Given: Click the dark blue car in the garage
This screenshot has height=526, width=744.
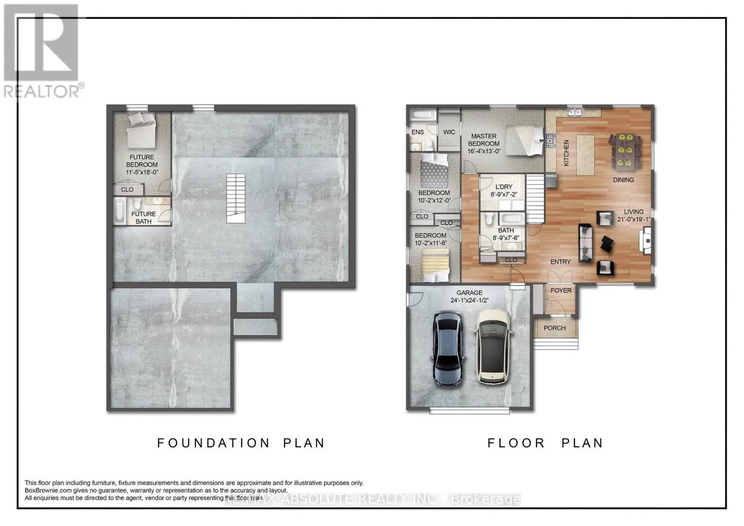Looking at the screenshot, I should coord(448,349).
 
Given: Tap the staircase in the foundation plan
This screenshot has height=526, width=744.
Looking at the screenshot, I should coord(236,198).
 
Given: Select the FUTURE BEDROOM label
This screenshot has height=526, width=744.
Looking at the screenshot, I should coord(142,161).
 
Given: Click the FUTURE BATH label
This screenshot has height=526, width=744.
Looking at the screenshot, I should coord(143,217).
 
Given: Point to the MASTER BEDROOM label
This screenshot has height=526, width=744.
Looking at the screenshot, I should coord(484,140).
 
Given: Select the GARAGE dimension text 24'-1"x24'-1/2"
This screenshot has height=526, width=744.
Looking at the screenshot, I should coord(470,300).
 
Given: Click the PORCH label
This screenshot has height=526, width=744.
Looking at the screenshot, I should coord(554,328).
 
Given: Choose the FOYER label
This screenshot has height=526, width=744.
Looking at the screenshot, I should coord(561,290).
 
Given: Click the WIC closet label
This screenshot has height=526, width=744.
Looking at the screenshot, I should coord(449,132).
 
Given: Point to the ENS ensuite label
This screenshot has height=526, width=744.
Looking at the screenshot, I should coord(418,132).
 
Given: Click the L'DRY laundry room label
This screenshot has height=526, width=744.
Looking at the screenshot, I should coord(504,187).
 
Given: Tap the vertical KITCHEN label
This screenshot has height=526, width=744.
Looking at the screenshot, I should coord(566,153).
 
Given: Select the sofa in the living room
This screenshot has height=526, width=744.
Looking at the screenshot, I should coord(585,243).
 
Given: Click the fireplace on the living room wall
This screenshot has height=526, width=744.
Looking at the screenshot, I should coord(645,240).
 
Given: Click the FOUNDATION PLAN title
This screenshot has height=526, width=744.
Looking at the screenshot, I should coord(241,443).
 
